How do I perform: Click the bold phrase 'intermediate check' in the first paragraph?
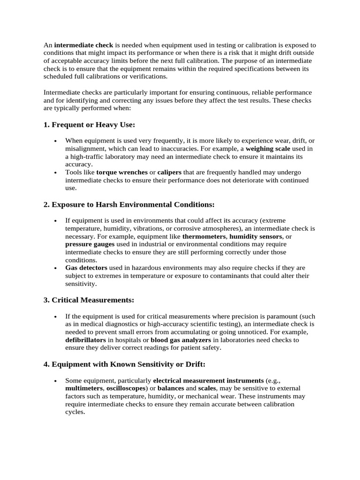point(84,45)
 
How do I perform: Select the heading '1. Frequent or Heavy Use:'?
point(89,125)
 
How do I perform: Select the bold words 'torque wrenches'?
point(121,172)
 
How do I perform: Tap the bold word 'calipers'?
point(169,172)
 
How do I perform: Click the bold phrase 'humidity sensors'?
point(256,236)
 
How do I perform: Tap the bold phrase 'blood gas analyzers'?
point(181,340)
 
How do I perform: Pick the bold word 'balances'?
point(171,388)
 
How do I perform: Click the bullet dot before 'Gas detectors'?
point(56,269)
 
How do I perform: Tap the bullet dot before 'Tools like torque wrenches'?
point(56,173)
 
